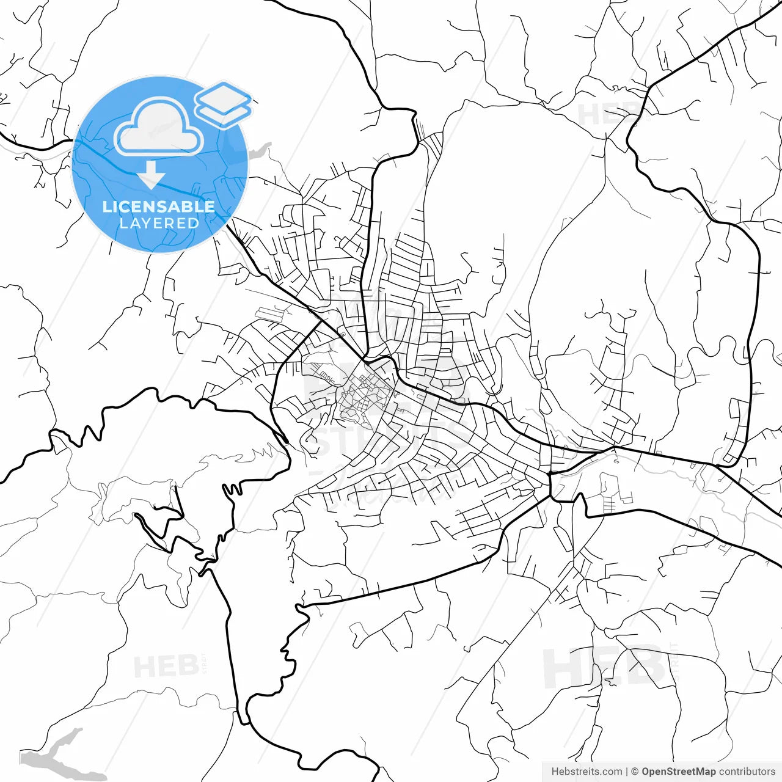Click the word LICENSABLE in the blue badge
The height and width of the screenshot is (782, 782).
click(x=159, y=206)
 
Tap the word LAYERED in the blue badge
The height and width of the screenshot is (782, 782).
click(x=159, y=223)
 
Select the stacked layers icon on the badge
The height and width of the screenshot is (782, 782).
click(x=223, y=104)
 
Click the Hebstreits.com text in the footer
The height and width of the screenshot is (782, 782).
click(x=586, y=772)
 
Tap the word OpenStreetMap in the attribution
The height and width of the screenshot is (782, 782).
click(x=678, y=772)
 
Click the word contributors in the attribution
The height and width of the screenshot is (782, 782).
click(x=747, y=772)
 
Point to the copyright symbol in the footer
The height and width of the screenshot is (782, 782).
click(x=635, y=772)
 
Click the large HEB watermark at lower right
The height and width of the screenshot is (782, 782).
click(x=602, y=667)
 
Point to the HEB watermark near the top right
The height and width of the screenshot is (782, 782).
click(x=608, y=114)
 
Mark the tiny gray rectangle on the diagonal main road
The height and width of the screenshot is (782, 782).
click(x=343, y=334)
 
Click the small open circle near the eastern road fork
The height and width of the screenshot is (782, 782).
click(x=616, y=461)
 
